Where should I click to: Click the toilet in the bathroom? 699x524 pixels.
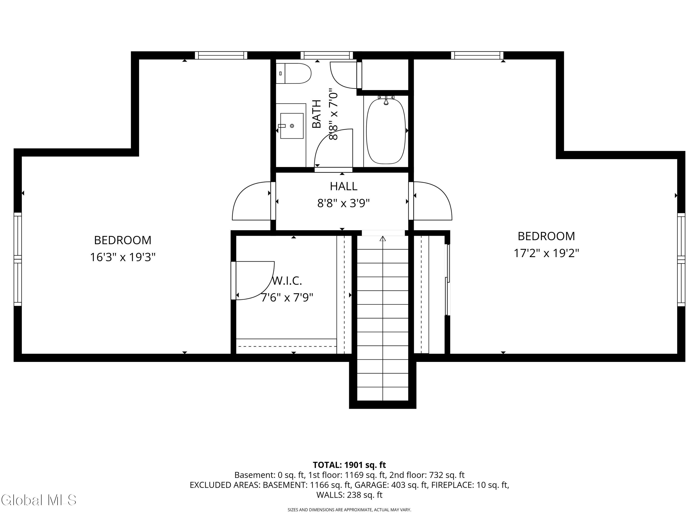(294, 73)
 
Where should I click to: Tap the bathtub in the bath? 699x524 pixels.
(386, 131)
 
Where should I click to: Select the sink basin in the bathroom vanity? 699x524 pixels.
(292, 126)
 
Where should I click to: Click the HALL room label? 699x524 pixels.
(343, 186)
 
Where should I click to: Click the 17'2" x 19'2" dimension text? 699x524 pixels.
(546, 253)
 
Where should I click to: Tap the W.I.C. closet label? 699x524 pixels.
(287, 280)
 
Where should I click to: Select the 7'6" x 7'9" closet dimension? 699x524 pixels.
(287, 297)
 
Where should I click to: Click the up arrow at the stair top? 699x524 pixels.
(383, 238)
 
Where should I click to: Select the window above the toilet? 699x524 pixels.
(326, 55)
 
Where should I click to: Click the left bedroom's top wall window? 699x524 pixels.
(221, 55)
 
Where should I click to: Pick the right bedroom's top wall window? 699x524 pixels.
(477, 55)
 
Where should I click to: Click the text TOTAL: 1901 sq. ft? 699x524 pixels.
(349, 465)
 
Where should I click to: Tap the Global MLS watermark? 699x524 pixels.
(38, 500)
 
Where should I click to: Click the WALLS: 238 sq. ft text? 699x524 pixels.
(349, 495)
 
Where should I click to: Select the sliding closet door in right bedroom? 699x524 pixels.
(447, 279)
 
